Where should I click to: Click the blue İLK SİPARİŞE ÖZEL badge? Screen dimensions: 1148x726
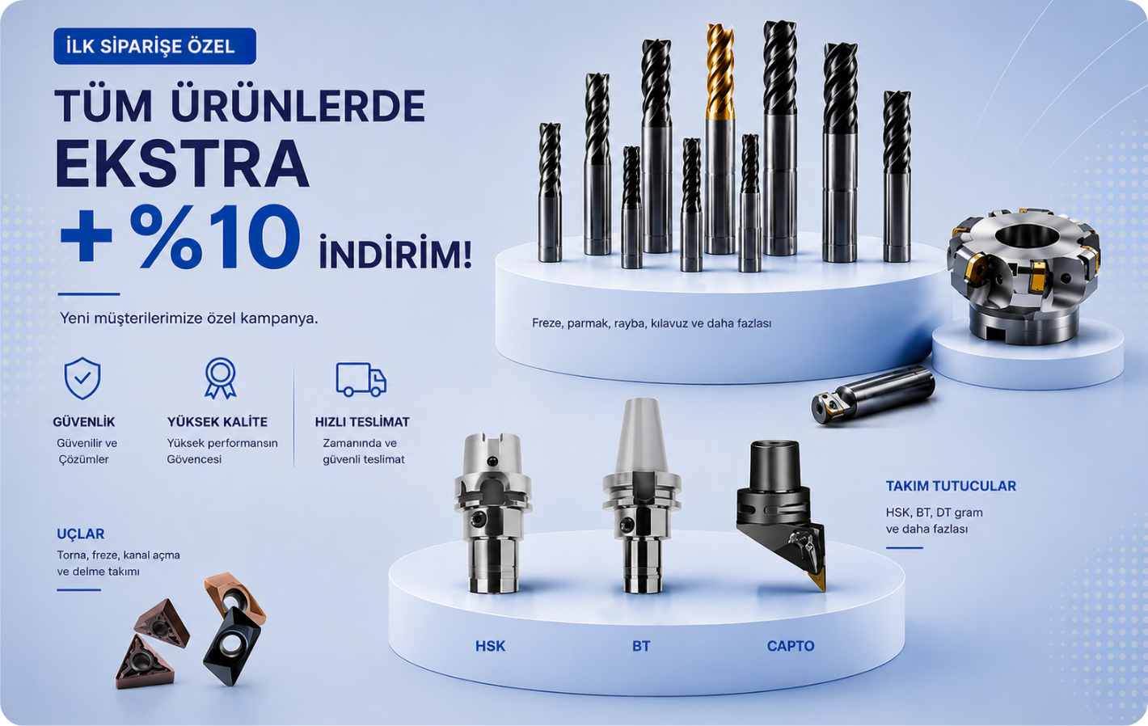[x=154, y=46]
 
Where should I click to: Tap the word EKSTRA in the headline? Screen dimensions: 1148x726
[x=183, y=163]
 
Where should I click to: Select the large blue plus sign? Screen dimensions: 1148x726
[x=86, y=236]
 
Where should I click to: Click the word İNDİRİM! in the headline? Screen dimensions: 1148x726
[x=395, y=251]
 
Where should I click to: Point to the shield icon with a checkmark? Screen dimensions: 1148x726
[x=82, y=378]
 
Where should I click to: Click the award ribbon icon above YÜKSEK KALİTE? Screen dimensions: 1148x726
[x=221, y=378]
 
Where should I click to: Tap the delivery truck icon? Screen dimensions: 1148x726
[x=361, y=379]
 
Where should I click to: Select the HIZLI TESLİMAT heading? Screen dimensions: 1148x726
[x=362, y=422]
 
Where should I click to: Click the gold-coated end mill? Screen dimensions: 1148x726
[x=720, y=138]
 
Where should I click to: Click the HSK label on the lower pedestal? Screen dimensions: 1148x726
[x=491, y=646]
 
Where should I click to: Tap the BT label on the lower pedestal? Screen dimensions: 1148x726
[x=641, y=646]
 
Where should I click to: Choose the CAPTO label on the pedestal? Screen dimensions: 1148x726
[x=791, y=646]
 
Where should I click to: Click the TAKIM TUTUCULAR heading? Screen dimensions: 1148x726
[x=951, y=486]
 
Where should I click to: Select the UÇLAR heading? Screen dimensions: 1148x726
[x=81, y=534]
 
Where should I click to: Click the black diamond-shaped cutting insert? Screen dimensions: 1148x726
[x=232, y=646]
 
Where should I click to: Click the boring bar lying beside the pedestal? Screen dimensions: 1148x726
[x=873, y=395]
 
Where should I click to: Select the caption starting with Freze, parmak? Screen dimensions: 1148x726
[x=652, y=323]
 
